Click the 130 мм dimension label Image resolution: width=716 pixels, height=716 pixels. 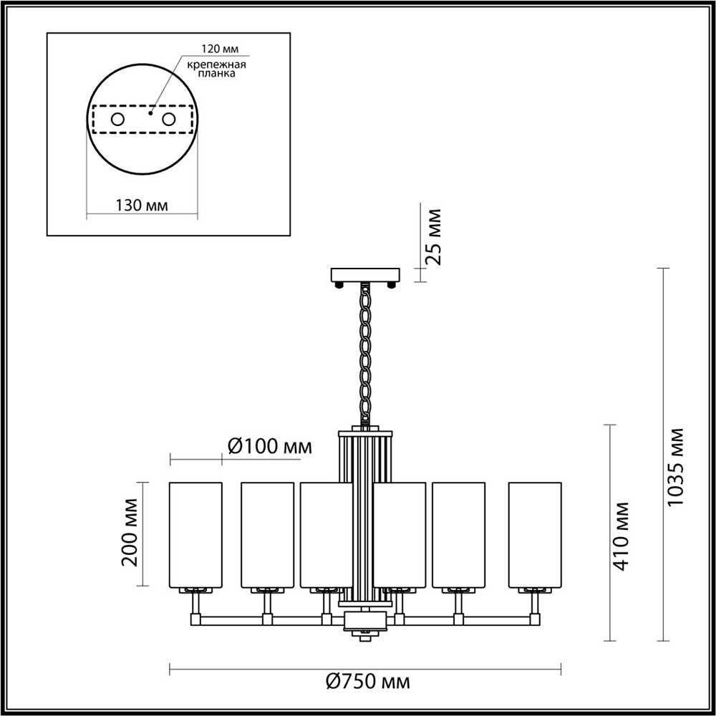pyautogui.click(x=141, y=205)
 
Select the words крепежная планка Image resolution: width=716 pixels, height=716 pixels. pyautogui.click(x=217, y=69)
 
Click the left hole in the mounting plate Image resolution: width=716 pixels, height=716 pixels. pyautogui.click(x=118, y=120)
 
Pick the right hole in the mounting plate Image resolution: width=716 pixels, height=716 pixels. pyautogui.click(x=169, y=120)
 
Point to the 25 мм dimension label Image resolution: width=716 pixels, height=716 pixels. pyautogui.click(x=434, y=237)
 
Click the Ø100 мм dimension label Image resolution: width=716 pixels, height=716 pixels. pyautogui.click(x=269, y=447)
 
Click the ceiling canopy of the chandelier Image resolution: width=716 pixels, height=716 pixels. pyautogui.click(x=365, y=275)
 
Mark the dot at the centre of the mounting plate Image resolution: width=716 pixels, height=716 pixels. pyautogui.click(x=149, y=112)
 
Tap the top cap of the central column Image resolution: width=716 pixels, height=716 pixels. pyautogui.click(x=366, y=433)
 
